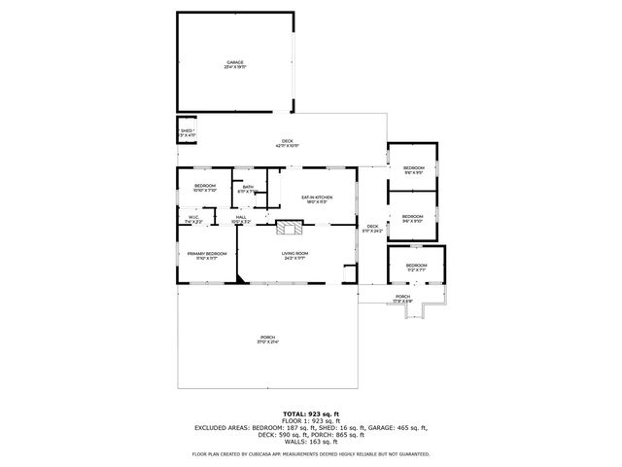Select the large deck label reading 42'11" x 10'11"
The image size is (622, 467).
pos(288,143)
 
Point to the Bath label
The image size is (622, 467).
pos(248,189)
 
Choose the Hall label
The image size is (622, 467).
pos(240,220)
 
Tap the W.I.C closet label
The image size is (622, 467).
pos(193,220)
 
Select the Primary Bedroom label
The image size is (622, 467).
pos(207,256)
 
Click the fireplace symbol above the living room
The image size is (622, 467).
pos(288,229)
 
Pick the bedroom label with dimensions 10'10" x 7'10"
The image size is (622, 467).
pos(204,188)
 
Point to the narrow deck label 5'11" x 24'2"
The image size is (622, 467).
pos(371,229)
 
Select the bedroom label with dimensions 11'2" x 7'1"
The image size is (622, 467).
pos(416,268)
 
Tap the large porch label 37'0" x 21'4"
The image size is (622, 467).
pos(267,340)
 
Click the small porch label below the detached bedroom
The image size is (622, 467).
pos(402,299)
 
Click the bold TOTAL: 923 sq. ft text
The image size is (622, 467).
pos(310,413)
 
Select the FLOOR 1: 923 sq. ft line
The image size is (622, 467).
pos(310,420)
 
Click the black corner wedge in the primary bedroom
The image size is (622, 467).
pos(239,278)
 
